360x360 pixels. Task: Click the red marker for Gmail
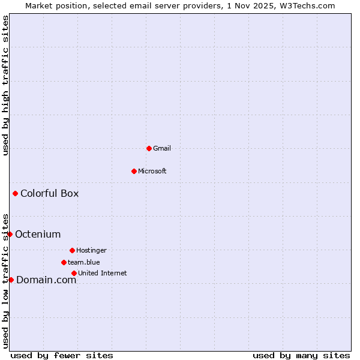149,148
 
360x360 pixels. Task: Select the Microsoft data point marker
134,171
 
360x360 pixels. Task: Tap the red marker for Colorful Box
15,193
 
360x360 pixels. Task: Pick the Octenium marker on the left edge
10,234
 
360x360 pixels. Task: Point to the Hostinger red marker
72,250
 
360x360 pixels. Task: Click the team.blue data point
64,262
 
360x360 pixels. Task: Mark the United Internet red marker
74,273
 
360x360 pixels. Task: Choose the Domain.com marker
11,280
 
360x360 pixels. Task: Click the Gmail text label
162,148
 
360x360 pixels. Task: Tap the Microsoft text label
152,171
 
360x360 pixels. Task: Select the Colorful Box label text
49,193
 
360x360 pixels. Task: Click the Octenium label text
38,234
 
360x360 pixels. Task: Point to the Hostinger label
91,250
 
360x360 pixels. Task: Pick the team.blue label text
84,262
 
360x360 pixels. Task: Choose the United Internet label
102,273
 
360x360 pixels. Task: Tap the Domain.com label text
46,280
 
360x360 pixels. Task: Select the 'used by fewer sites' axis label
62,355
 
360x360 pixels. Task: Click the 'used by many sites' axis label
301,355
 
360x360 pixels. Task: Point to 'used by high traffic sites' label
5,85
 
